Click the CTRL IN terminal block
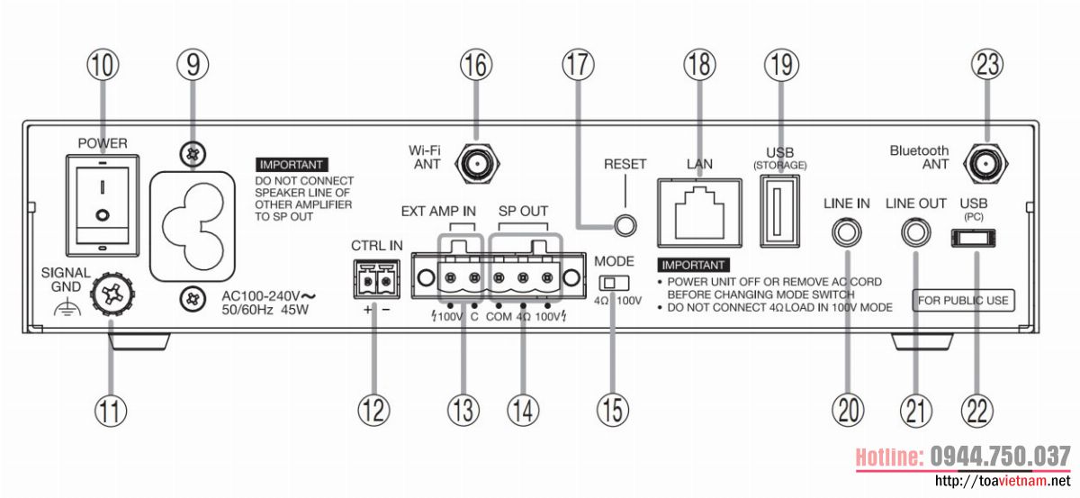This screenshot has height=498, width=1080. click(377, 280)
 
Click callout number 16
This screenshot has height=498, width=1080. click(478, 64)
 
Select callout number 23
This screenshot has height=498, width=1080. click(986, 64)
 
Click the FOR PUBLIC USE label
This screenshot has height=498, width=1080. click(962, 299)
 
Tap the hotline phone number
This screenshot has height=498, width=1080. click(999, 456)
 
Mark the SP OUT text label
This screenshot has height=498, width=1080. click(523, 211)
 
